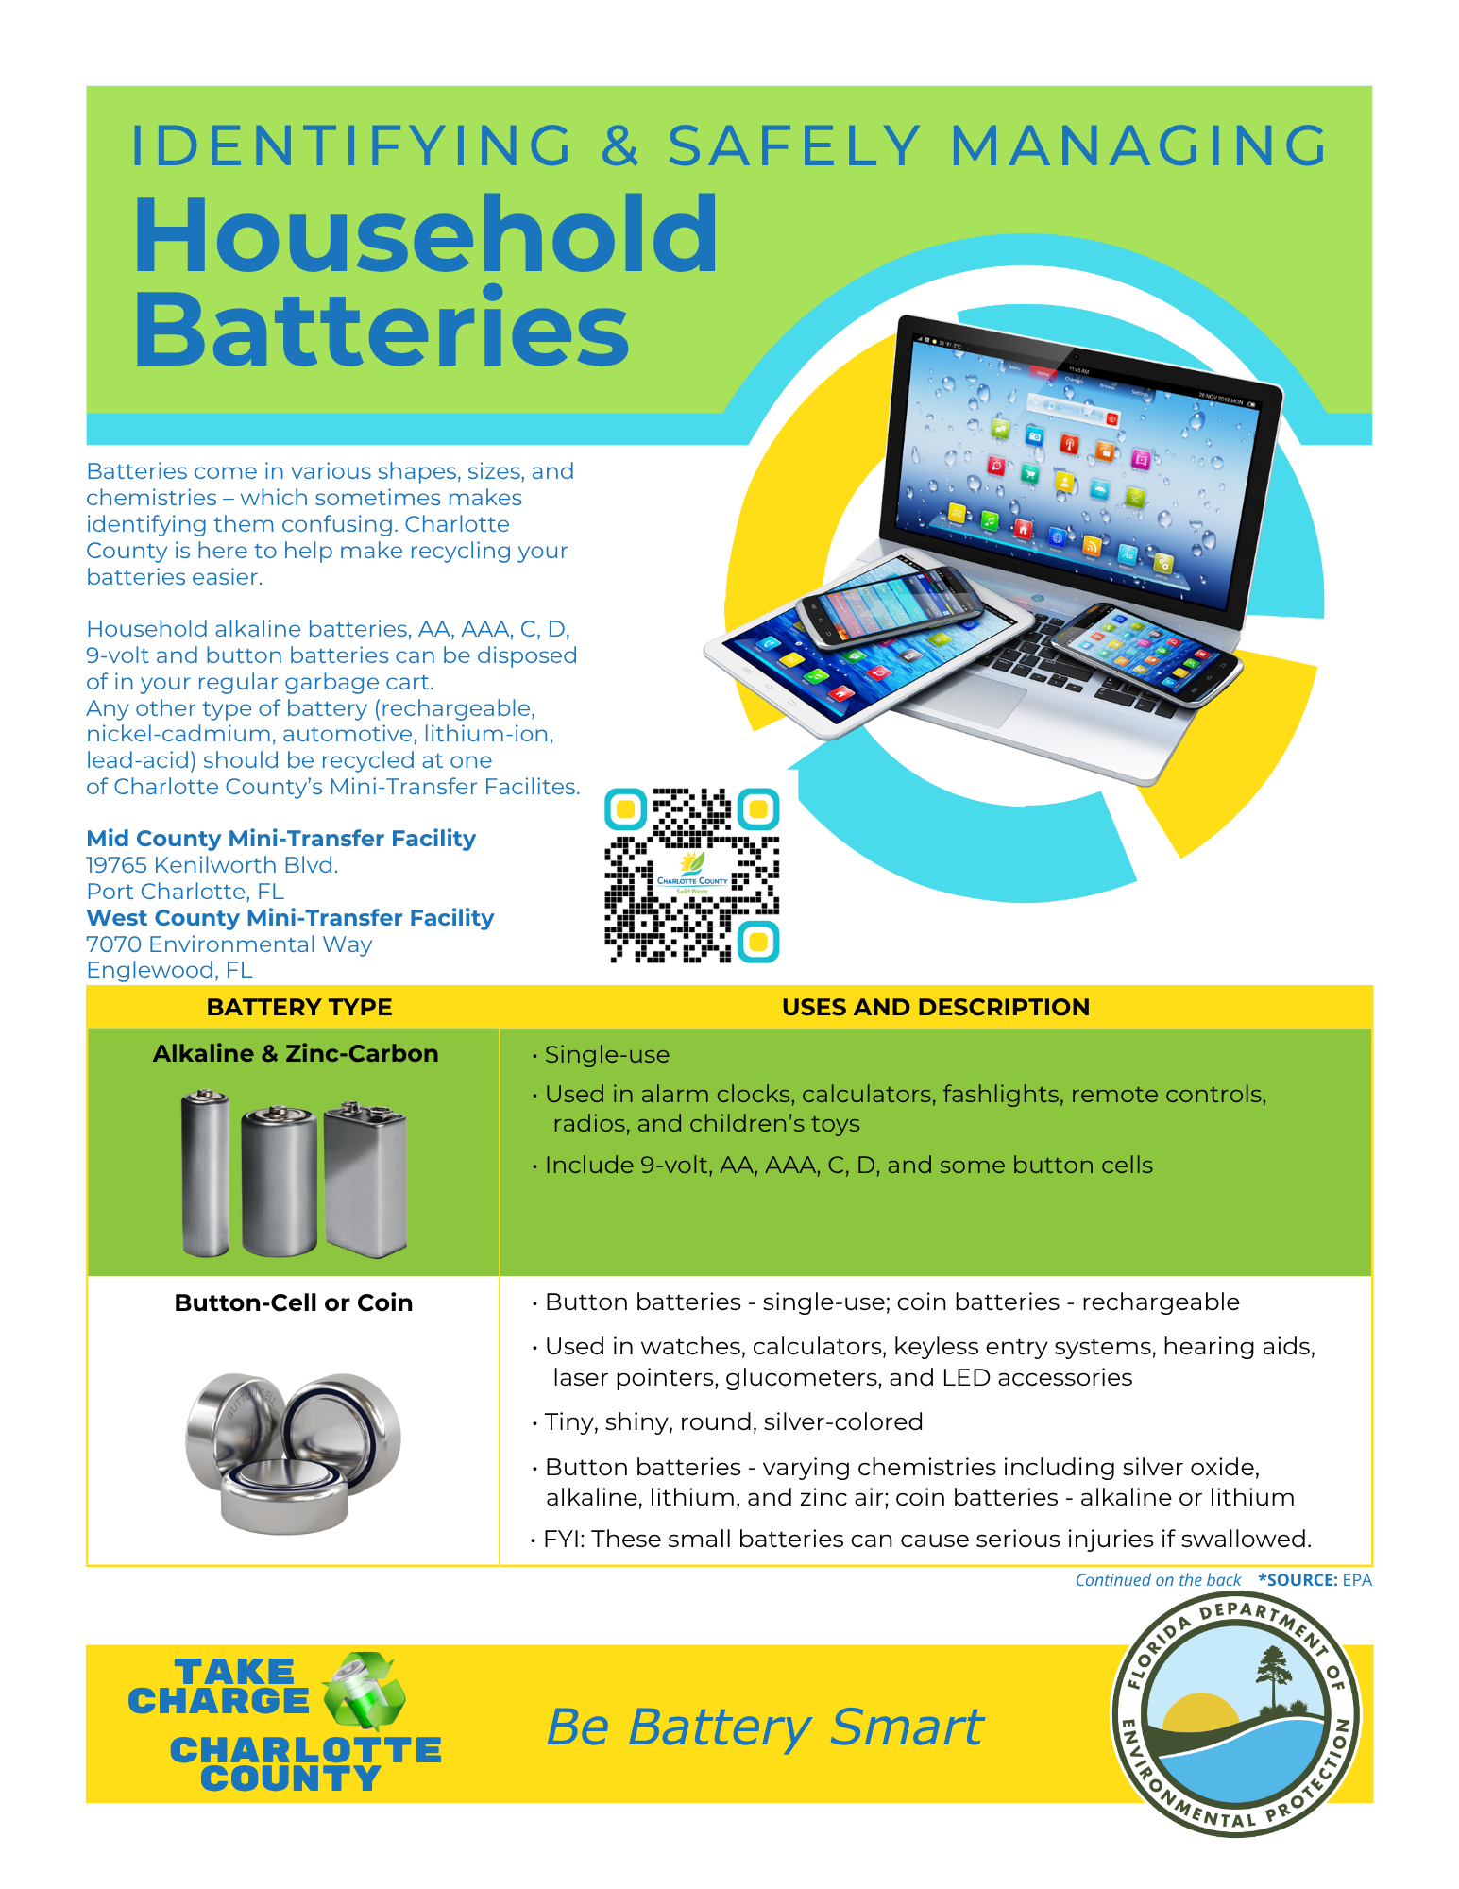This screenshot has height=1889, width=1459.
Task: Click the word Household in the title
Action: (x=426, y=234)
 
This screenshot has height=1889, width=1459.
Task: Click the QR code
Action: (x=692, y=876)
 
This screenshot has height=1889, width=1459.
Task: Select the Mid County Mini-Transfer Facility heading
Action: (x=280, y=839)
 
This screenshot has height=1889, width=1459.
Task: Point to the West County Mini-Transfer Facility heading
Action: (x=290, y=918)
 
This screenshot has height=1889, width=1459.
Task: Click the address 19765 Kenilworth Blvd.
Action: (x=212, y=865)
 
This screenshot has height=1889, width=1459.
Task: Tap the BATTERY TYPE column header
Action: (x=298, y=1007)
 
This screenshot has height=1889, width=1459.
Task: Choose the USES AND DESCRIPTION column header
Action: (x=935, y=1007)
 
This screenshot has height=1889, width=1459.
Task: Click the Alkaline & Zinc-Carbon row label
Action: (x=296, y=1053)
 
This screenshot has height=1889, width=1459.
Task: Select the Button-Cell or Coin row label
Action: (x=294, y=1302)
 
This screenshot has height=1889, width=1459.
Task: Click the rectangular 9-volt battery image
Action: (x=365, y=1181)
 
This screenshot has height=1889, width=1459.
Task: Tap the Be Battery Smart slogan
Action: (x=765, y=1727)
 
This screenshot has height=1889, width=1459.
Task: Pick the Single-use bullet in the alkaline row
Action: (x=606, y=1055)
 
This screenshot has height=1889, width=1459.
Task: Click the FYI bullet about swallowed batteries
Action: (x=926, y=1539)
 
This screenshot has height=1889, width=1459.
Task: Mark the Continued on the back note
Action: (x=1158, y=1580)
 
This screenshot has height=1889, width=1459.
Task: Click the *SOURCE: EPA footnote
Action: (x=1315, y=1580)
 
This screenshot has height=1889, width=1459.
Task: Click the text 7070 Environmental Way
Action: (x=229, y=944)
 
